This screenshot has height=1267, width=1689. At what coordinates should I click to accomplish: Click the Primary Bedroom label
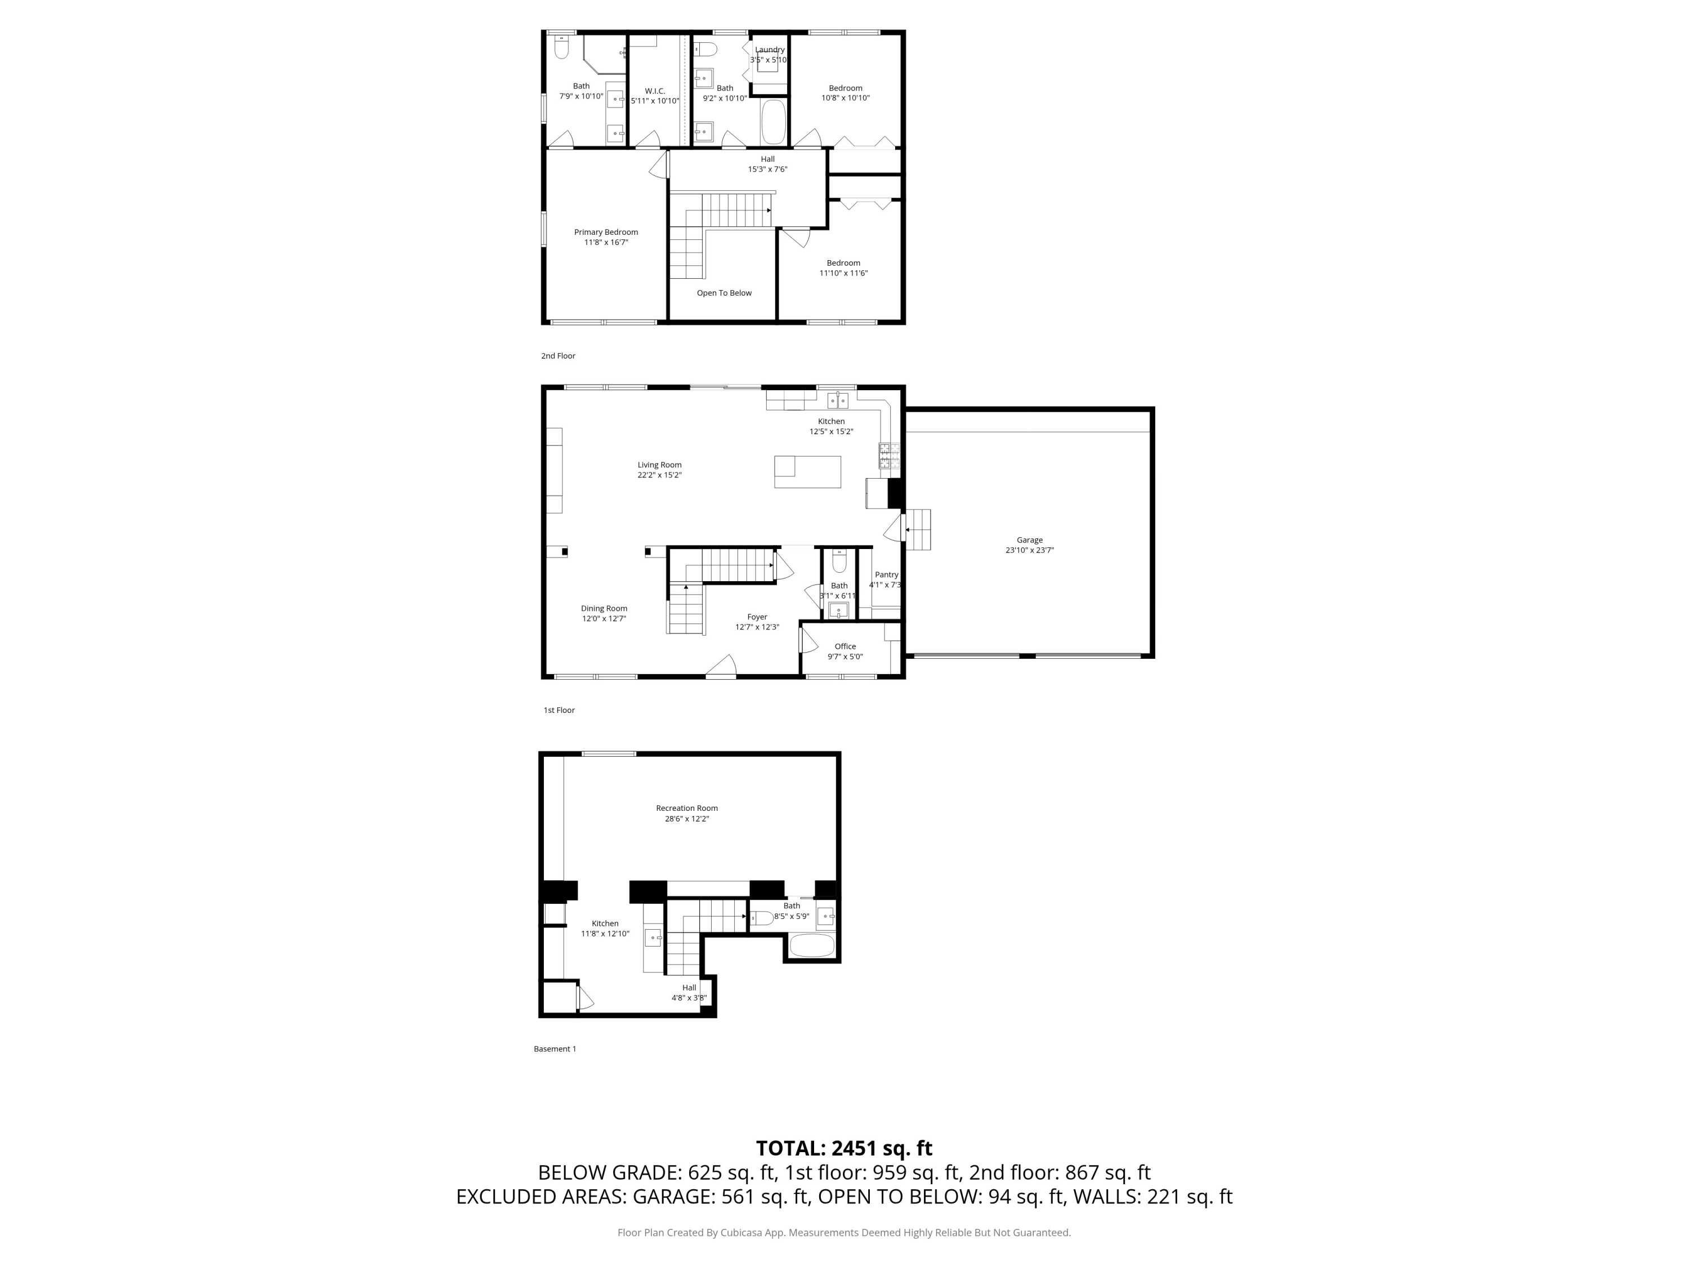[606, 232]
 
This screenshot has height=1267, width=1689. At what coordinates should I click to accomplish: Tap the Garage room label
[1029, 540]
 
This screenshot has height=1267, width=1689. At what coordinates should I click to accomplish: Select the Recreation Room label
[686, 808]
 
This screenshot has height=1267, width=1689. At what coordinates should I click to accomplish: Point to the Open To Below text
[724, 293]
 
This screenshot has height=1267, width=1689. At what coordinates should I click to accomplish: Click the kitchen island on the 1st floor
[807, 472]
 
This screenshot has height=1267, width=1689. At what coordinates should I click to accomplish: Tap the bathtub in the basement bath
[812, 945]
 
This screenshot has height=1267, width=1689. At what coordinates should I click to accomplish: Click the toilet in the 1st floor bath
[839, 562]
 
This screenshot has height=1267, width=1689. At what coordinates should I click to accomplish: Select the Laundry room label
[770, 50]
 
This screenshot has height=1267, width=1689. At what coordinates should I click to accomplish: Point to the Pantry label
[887, 575]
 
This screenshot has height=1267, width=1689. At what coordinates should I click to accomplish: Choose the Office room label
[845, 646]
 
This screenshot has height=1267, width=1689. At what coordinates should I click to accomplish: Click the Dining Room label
[604, 609]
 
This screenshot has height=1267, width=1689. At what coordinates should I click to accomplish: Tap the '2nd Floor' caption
[558, 356]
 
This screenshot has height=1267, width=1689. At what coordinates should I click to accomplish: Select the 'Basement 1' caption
[555, 1049]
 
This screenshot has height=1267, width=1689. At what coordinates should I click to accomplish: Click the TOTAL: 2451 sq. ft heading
[844, 1148]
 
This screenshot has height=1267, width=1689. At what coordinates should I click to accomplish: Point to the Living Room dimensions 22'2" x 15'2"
[660, 475]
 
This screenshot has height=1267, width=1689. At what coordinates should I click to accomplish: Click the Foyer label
[757, 617]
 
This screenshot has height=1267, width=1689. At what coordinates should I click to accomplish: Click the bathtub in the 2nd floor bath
[773, 122]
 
